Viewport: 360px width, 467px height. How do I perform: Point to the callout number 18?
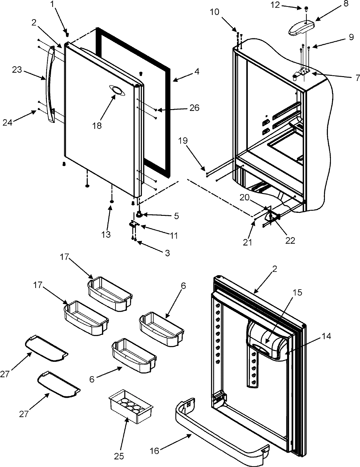tap(97, 125)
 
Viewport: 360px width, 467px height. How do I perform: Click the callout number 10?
tap(223, 12)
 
